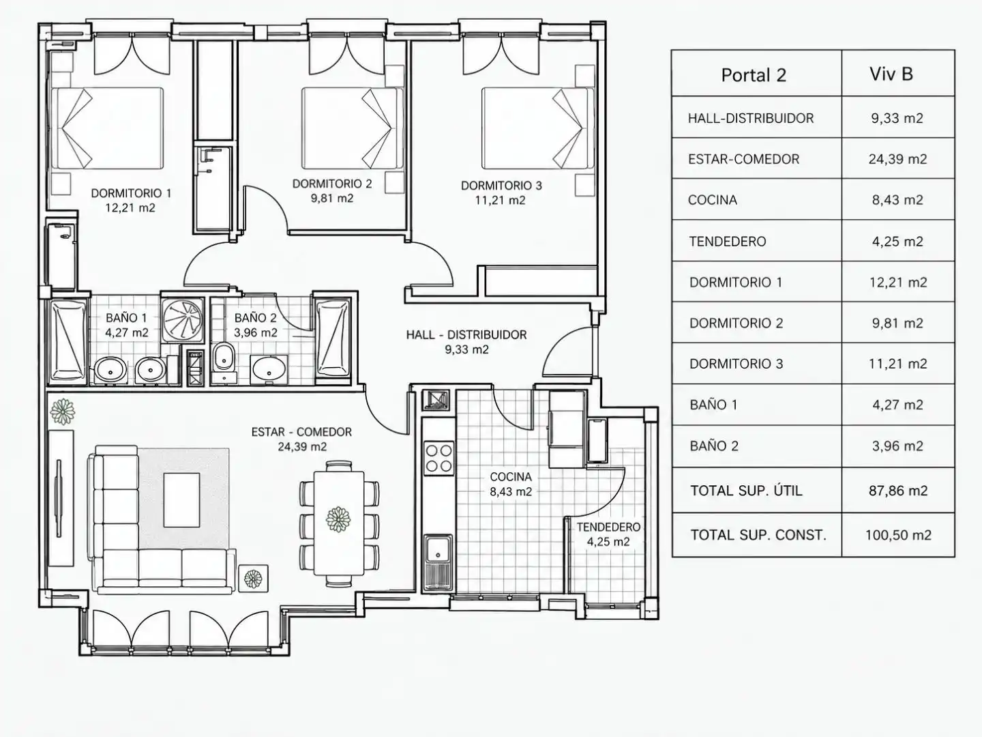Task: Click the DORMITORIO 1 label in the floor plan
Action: tap(131, 193)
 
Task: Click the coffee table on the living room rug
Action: tap(181, 500)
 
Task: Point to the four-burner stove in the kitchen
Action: tap(438, 458)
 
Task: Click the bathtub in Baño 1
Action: tap(68, 341)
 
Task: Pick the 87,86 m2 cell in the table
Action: tap(898, 491)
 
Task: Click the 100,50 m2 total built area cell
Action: tap(898, 535)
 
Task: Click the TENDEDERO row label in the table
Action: tap(728, 242)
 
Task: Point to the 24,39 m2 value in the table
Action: tap(897, 159)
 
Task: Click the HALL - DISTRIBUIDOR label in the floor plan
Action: tap(466, 334)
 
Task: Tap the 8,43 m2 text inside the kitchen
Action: tap(511, 492)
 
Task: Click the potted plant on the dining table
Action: tap(338, 519)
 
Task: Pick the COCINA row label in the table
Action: tap(712, 200)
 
